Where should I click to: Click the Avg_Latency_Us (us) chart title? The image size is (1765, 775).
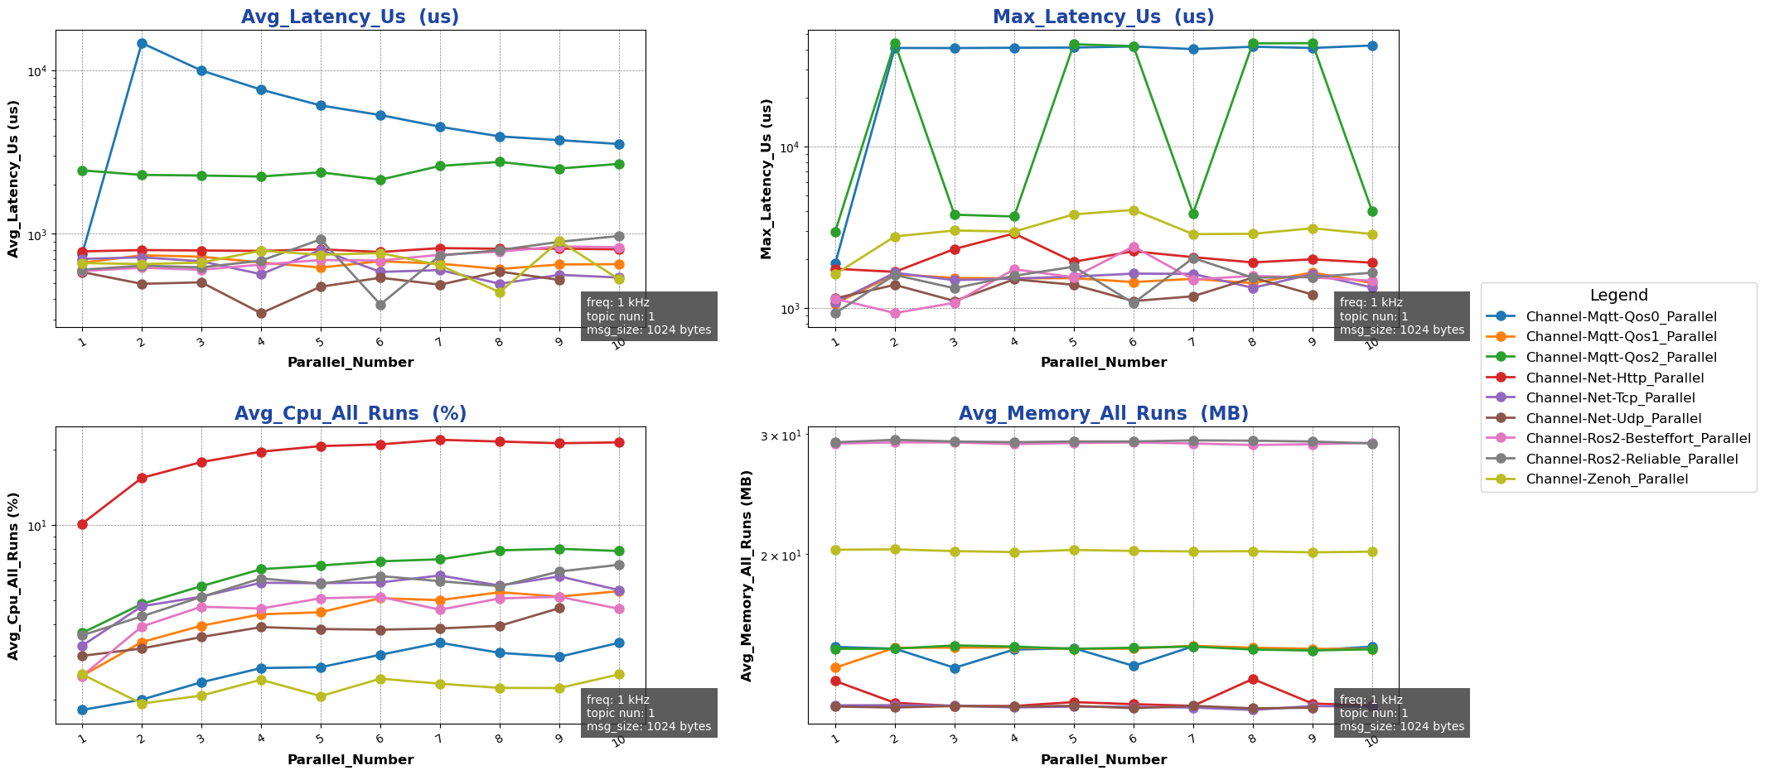[x=350, y=17]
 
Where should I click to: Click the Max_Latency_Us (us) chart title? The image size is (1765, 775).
[x=1103, y=17]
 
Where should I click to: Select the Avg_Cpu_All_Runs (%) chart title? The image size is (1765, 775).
[x=350, y=414]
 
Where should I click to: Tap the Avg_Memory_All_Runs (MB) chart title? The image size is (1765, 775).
[x=1103, y=414]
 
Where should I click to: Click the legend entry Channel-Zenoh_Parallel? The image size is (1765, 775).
[x=1607, y=479]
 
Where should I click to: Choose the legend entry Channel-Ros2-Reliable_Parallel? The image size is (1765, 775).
[x=1632, y=459]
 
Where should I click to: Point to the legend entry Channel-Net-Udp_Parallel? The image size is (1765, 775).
[x=1613, y=418]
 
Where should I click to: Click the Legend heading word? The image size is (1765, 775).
[x=1618, y=296]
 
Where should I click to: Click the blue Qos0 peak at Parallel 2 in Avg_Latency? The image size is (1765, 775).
[x=142, y=43]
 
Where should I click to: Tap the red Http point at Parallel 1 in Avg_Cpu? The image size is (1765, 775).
[x=82, y=524]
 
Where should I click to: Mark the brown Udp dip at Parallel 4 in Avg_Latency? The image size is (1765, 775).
[x=261, y=313]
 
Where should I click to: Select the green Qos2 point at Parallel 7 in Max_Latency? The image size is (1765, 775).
[x=1192, y=214]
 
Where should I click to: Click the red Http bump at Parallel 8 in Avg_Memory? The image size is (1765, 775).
[x=1252, y=679]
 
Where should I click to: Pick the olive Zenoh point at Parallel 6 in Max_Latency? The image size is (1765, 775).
[x=1133, y=210]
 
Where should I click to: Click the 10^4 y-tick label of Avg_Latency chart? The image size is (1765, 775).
[x=37, y=71]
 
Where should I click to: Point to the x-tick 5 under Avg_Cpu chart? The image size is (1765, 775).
[x=321, y=739]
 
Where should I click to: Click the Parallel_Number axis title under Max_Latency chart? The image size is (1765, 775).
[x=1103, y=363]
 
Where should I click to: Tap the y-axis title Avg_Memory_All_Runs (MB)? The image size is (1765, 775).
[x=747, y=575]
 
